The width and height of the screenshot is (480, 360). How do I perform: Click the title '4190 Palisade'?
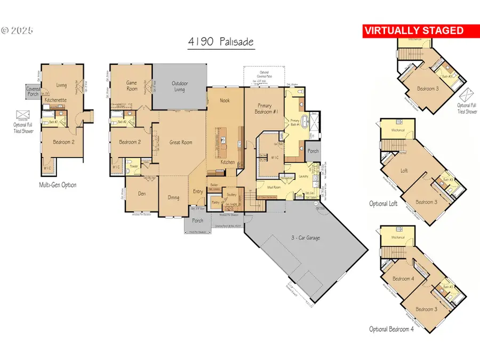[x=220, y=42]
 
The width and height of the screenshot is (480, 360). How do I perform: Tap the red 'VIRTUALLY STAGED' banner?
[x=414, y=31]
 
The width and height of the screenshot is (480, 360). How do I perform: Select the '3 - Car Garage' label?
[x=306, y=237]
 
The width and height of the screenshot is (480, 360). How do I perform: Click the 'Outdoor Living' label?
[x=179, y=86]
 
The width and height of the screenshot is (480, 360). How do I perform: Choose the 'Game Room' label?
[x=132, y=85]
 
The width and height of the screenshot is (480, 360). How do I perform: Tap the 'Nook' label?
[x=225, y=100]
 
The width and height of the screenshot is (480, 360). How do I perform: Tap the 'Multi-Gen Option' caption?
[x=58, y=185]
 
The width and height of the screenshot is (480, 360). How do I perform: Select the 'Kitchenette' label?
[x=55, y=100]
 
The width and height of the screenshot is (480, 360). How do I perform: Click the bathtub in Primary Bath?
[x=292, y=119]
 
